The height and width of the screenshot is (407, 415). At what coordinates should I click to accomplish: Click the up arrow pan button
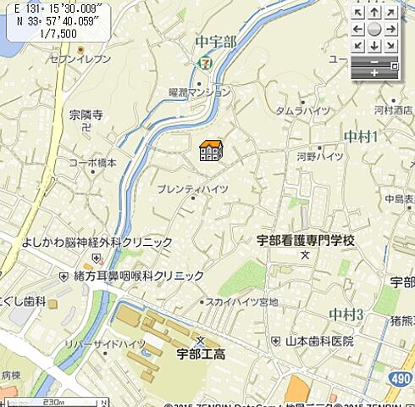pos(374,13)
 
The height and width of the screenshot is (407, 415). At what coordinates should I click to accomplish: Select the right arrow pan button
pos(390,29)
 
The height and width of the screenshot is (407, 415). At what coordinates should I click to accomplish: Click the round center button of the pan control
pos(374,29)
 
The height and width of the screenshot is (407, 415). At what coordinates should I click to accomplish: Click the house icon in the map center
pos(210,151)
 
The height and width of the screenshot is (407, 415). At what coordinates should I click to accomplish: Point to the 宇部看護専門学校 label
pos(306,240)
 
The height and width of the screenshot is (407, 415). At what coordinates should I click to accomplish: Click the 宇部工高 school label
pos(201,354)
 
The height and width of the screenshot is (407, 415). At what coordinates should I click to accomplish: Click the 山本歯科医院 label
pos(319,341)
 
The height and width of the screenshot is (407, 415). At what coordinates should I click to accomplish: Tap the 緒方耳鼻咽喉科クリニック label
pos(137,276)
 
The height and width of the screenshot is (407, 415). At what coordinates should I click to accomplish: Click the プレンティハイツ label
pos(192,189)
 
